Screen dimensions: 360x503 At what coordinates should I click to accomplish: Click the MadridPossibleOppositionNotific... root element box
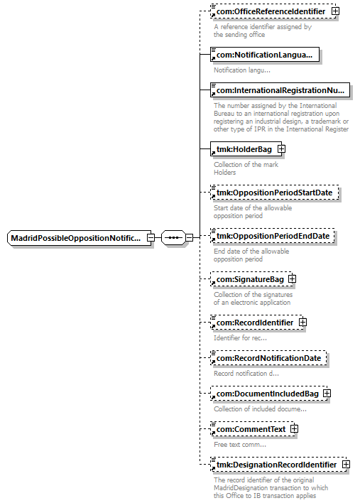tap(79, 238)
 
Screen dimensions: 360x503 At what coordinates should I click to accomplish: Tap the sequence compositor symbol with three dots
tap(173, 238)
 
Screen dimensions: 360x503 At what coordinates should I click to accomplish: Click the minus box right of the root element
tap(151, 238)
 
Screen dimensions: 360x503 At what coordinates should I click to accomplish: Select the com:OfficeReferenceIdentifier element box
tap(273, 11)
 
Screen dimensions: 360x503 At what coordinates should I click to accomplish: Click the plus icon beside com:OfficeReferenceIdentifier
tap(335, 11)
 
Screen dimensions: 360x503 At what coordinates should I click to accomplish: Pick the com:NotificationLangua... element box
tap(265, 55)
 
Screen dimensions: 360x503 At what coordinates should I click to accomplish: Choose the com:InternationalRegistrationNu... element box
tap(280, 90)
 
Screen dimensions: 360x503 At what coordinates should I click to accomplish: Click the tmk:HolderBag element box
tap(246, 149)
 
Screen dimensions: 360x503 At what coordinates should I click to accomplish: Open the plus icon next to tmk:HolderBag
tap(281, 149)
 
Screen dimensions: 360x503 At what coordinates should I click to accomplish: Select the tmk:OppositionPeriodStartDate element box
tap(274, 193)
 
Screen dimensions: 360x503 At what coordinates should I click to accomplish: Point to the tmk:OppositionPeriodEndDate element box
tap(272, 236)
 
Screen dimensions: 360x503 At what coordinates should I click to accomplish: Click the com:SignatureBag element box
tap(251, 279)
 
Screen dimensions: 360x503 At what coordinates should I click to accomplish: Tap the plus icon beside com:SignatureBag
tap(292, 278)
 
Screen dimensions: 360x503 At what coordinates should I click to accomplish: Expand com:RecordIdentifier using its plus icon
tap(302, 322)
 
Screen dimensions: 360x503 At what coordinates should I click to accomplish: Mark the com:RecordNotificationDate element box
tap(268, 358)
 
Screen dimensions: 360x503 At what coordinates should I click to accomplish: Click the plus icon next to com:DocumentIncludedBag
tap(327, 394)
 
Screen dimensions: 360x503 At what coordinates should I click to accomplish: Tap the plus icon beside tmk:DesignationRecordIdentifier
tap(347, 464)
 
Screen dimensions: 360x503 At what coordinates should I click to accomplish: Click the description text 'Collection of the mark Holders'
tap(246, 168)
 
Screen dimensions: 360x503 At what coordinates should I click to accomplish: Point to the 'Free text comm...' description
tap(240, 445)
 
